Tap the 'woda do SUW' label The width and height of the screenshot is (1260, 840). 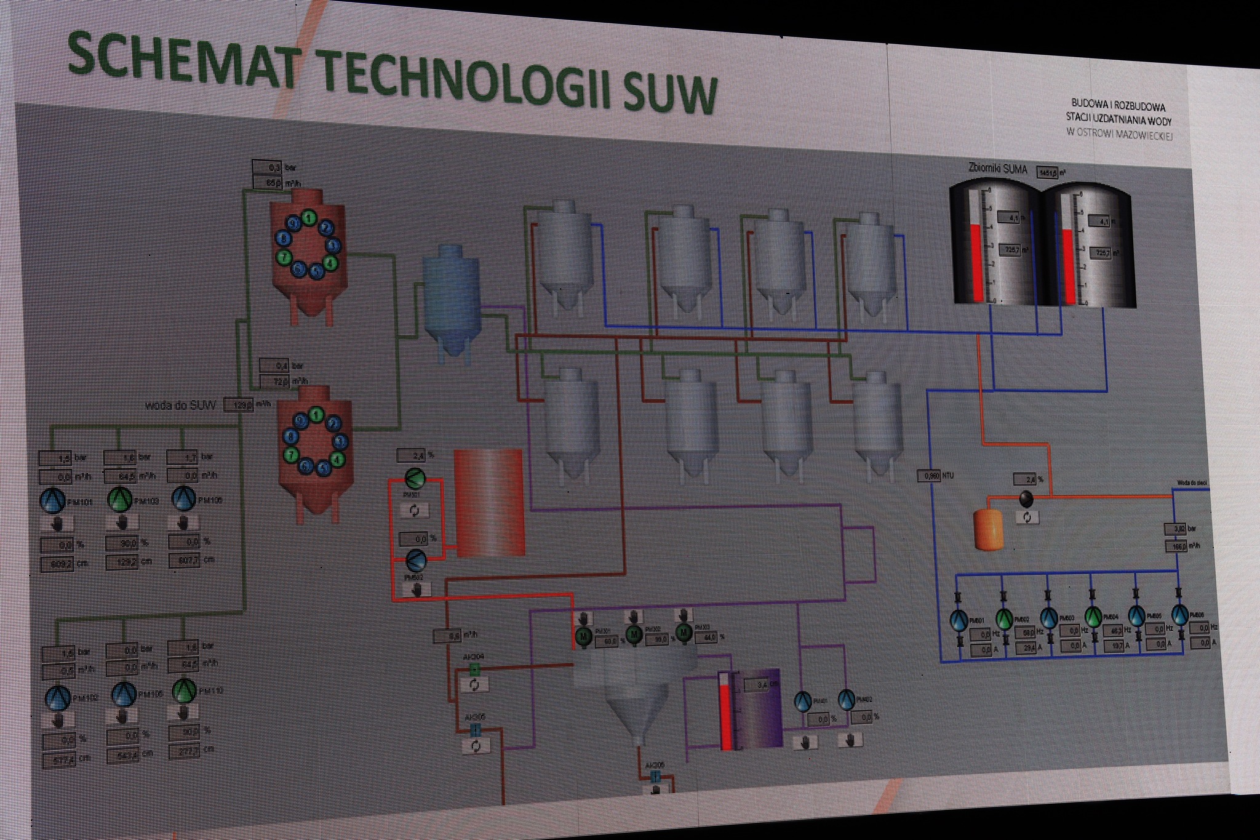(182, 405)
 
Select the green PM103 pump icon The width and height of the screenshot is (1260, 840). (119, 500)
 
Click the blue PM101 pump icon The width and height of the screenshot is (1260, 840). (52, 500)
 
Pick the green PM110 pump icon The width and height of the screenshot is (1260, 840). (183, 691)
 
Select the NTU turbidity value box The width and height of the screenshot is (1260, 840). (928, 476)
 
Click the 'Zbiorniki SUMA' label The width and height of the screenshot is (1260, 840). (997, 169)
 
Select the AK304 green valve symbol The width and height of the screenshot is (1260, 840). (474, 670)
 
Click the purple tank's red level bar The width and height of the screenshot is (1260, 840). (726, 714)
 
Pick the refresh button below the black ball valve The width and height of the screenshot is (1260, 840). (1027, 518)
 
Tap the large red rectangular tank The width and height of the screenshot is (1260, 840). (490, 502)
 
